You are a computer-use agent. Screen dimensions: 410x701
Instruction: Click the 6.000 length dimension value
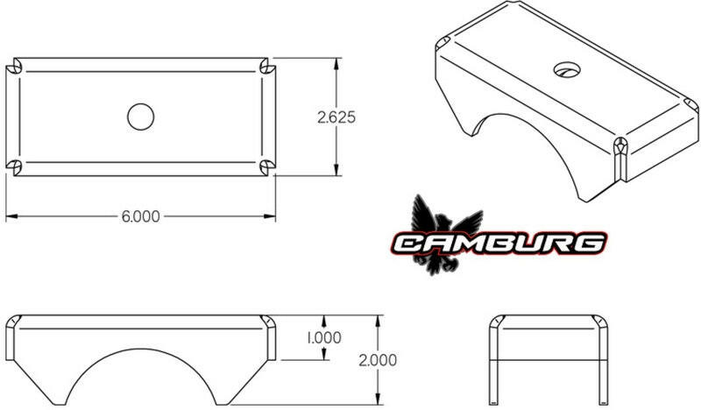click(140, 216)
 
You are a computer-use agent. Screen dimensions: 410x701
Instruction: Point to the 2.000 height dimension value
click(378, 359)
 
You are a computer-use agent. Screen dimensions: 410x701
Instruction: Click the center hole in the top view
click(140, 117)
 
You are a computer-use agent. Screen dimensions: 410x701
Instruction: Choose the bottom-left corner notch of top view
click(15, 166)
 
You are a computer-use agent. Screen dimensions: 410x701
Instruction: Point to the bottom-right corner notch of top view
click(266, 166)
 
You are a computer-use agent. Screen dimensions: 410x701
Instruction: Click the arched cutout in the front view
click(140, 377)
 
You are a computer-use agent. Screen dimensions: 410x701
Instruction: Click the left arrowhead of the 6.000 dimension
click(10, 216)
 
